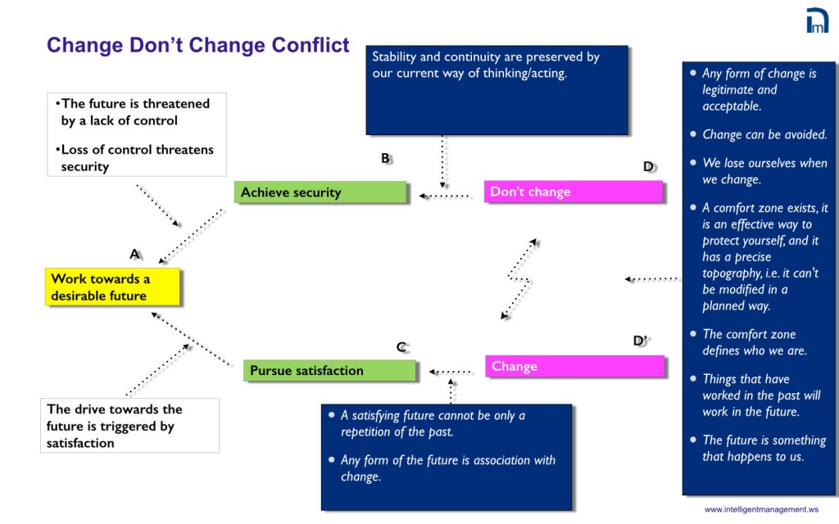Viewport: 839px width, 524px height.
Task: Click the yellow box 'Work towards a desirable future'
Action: pos(112,287)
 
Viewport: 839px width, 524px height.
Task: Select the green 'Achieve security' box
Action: pos(320,192)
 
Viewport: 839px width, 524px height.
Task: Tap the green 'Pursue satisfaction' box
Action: pos(329,370)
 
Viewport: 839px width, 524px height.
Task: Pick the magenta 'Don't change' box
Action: pos(573,192)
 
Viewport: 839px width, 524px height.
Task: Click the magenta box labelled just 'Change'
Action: pos(575,366)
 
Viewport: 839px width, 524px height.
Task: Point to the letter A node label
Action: pos(135,254)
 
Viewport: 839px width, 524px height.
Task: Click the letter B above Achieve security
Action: pos(385,159)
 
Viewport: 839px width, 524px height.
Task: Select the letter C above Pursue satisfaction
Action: pos(401,346)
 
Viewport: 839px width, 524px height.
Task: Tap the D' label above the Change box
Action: pos(642,341)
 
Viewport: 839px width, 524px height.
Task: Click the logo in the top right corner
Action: pos(817,20)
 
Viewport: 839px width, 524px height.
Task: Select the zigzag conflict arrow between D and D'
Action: pos(519,278)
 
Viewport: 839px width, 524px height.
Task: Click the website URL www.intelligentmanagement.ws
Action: pos(761,509)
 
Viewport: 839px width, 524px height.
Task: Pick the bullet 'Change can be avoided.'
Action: pos(764,134)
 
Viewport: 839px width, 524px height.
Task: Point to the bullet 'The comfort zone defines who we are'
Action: pos(754,342)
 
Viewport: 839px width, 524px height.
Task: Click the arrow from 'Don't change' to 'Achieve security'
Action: pos(446,196)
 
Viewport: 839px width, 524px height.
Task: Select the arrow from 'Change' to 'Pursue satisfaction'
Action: pos(451,372)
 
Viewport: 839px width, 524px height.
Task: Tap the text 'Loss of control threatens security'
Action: pos(136,158)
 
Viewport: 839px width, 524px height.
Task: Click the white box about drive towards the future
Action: pos(129,426)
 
